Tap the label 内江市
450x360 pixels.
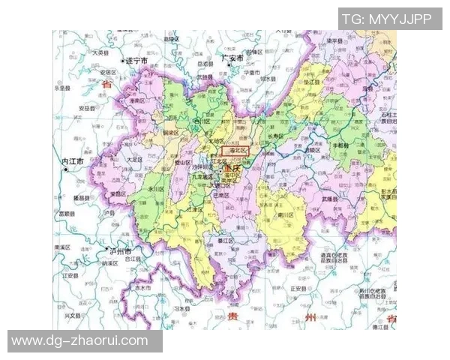(x=76, y=162)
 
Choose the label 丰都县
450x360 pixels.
(x=340, y=144)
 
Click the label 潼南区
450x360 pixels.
(x=137, y=100)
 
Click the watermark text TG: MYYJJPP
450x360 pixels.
(x=387, y=19)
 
